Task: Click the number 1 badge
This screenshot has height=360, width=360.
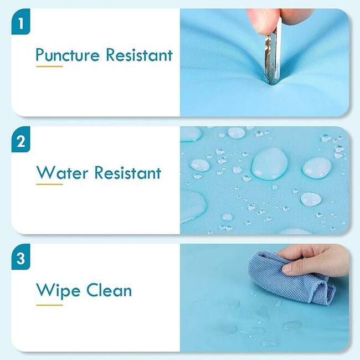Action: [20, 22]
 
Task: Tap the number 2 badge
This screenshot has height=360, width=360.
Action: [20, 140]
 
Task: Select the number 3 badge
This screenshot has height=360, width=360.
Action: [20, 256]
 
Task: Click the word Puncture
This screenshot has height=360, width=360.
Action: [68, 55]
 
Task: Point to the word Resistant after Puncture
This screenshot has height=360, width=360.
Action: [139, 55]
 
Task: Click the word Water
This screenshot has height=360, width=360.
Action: [62, 172]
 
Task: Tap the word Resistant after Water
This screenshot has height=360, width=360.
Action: [127, 172]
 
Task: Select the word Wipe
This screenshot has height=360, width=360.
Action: [58, 291]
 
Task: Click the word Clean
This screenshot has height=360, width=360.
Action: [109, 290]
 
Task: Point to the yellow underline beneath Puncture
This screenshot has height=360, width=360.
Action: [49, 66]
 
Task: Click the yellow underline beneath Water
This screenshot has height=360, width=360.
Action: [49, 184]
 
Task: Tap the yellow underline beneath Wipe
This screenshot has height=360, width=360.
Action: [49, 305]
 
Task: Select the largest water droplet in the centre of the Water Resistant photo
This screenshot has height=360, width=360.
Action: [270, 163]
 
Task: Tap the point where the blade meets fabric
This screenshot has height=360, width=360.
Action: [272, 84]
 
